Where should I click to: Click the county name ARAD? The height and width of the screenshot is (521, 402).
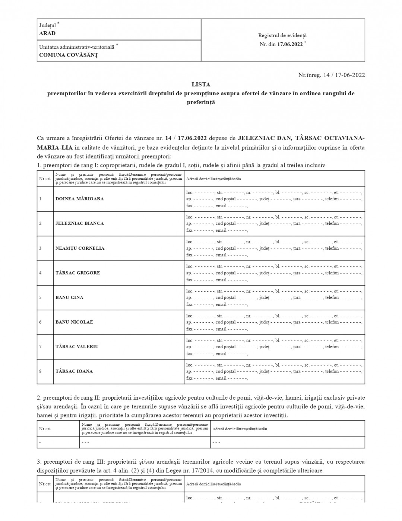pos(47,33)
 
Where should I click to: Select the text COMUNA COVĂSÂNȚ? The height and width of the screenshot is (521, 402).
pos(69,55)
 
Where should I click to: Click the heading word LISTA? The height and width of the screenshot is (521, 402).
pos(201,84)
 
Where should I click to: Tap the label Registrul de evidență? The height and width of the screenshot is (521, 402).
pos(282,35)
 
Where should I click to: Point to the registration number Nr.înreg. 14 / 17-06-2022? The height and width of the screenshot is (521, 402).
pos(331,75)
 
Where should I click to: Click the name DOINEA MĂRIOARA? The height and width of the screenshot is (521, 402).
pos(80,199)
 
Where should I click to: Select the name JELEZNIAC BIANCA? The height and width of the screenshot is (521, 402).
pos(80,223)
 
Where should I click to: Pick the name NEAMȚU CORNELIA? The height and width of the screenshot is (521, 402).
pos(80,248)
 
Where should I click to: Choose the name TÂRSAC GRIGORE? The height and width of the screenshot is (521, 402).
pos(78,273)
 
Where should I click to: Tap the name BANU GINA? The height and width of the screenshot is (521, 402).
pos(69,297)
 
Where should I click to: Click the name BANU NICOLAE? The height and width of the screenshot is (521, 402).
pos(74,322)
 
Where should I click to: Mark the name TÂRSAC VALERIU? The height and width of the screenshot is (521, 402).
pos(77,346)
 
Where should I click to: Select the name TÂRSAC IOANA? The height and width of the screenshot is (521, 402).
pos(74,371)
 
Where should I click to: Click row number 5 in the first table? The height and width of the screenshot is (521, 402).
pos(40,297)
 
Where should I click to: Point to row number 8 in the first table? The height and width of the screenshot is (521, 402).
pos(40,371)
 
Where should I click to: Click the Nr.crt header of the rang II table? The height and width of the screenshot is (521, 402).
pos(45,429)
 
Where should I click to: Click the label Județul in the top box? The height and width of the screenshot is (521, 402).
pos(48,25)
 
